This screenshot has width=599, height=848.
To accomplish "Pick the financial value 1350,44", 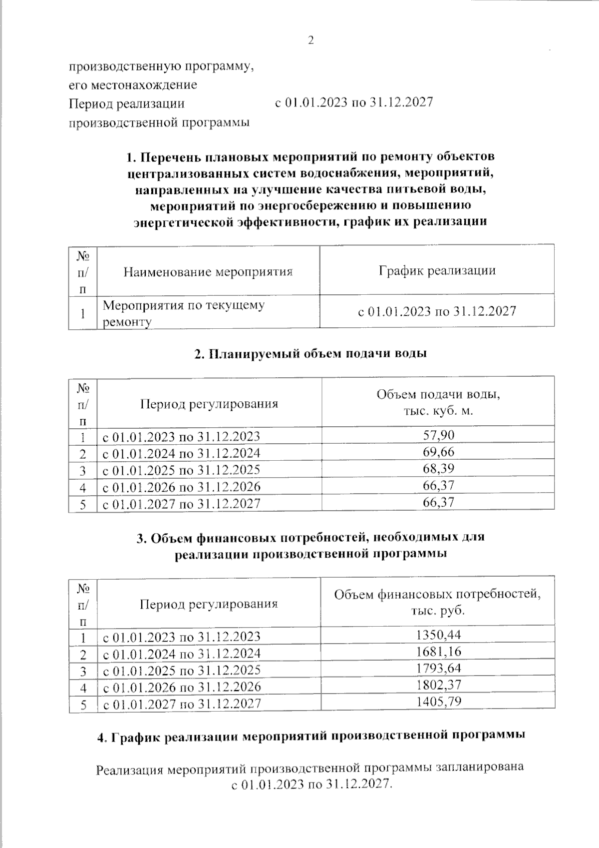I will coord(438,635).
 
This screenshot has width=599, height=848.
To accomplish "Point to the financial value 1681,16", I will coord(438,651).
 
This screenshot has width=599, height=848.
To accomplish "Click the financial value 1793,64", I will coord(438,668).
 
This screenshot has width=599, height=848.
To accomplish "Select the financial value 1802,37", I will coord(438,685).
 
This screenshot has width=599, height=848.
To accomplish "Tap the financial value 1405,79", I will coord(438,701).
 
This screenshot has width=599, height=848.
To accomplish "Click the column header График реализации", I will coord(437,270).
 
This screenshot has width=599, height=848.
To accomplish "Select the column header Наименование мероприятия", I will coord(208,272).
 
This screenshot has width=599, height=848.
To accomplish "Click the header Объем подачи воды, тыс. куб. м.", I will coord(438,402).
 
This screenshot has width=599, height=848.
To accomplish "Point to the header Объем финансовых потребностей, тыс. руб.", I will coord(437,602).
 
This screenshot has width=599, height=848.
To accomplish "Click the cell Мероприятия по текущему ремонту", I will coord(183,313).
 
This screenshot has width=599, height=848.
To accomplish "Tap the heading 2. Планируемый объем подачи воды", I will coord(310,354).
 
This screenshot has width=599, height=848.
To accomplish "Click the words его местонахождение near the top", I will coord(133,84).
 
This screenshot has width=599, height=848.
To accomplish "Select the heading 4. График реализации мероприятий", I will coord(310,736).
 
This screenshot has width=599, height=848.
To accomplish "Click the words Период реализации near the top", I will coord(126,103).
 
